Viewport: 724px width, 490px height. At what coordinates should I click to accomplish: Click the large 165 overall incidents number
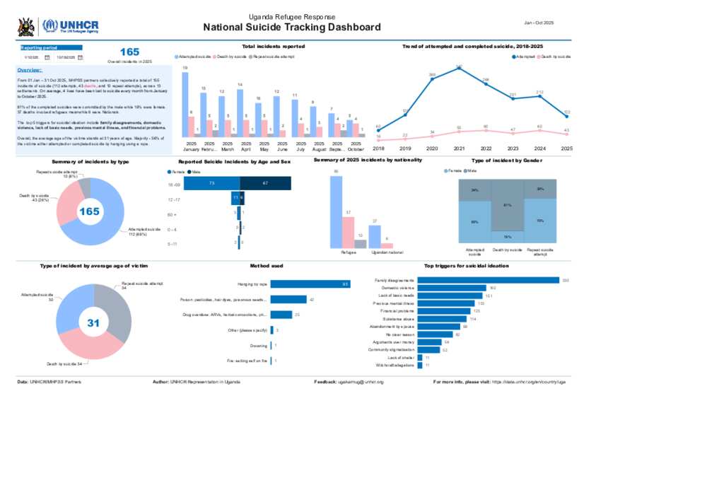[x=129, y=52]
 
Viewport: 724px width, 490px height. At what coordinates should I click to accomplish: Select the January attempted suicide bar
[x=185, y=105]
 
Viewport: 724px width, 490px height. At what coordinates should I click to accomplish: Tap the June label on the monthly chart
[x=281, y=150]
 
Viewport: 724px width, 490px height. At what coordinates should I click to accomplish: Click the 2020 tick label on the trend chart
[x=432, y=149]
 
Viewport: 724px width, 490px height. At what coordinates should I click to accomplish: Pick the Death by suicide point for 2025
[x=567, y=133]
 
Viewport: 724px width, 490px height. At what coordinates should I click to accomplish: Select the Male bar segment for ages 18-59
[x=265, y=184]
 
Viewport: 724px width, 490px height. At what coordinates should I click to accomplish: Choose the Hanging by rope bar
[x=310, y=284]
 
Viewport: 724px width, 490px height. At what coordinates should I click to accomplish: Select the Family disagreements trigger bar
[x=488, y=281]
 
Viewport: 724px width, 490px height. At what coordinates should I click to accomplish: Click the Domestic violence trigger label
[x=397, y=288]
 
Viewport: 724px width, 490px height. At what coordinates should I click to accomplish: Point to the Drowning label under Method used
[x=259, y=346]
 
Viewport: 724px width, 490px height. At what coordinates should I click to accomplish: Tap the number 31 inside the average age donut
[x=93, y=322]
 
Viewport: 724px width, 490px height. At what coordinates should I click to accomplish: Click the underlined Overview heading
[x=29, y=70]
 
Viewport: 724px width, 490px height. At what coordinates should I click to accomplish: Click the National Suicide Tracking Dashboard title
[x=292, y=28]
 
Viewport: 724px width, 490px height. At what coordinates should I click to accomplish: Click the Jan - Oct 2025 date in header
[x=539, y=23]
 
